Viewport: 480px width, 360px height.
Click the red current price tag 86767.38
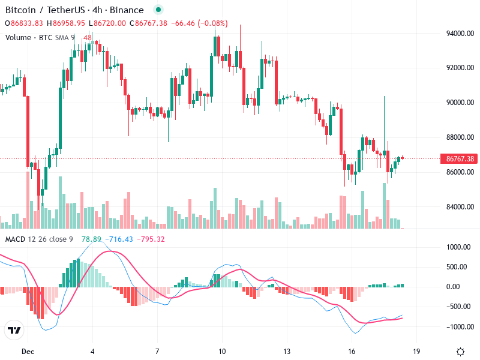(459, 159)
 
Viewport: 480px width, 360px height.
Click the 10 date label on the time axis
(222, 351)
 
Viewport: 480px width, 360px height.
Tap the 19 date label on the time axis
(416, 351)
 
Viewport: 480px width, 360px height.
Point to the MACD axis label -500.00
(459, 307)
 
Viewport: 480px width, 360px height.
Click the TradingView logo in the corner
(14, 331)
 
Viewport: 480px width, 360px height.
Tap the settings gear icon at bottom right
(460, 352)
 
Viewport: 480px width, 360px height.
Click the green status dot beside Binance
(157, 10)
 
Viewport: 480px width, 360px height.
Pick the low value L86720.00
(107, 23)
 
